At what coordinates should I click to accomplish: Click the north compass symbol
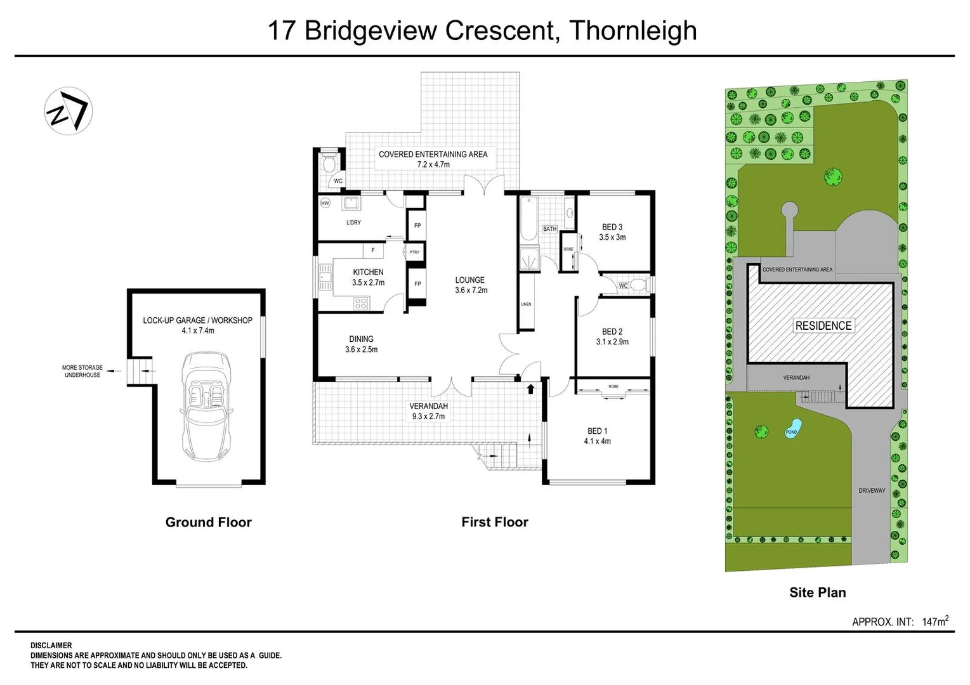(x=69, y=111)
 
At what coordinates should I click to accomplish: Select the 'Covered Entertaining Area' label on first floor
(x=433, y=154)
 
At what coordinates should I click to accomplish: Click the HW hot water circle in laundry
(x=325, y=203)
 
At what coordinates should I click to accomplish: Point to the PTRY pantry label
(x=414, y=252)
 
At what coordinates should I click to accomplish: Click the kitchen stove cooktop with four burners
(x=360, y=304)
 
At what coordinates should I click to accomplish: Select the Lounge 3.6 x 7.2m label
(x=470, y=285)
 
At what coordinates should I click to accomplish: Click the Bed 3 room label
(x=612, y=227)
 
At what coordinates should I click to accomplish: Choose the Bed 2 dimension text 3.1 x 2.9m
(x=612, y=342)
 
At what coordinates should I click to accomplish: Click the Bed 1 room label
(x=597, y=431)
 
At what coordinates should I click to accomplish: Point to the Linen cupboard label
(x=526, y=304)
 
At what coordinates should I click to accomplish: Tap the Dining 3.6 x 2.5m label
(x=361, y=344)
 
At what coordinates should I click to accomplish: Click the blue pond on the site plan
(x=792, y=427)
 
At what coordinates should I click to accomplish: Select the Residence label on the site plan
(x=823, y=325)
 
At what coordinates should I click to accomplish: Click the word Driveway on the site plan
(x=872, y=490)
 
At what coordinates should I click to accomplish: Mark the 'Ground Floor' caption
(x=208, y=522)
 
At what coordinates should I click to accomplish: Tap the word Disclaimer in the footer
(x=51, y=645)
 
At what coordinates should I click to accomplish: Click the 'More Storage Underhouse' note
(x=82, y=371)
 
